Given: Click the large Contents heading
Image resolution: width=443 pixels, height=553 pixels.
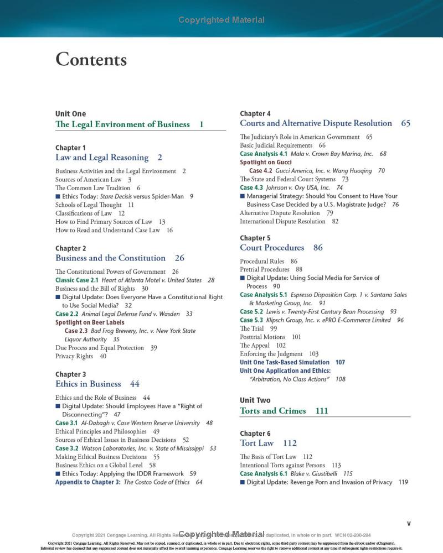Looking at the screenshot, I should pyautogui.click(x=91, y=59).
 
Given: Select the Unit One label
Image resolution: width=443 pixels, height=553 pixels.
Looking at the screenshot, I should pyautogui.click(x=70, y=114).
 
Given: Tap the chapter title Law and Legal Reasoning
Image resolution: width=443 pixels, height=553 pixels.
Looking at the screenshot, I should pyautogui.click(x=102, y=158).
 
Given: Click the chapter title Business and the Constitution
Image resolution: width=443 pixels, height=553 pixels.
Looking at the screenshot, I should pyautogui.click(x=110, y=258).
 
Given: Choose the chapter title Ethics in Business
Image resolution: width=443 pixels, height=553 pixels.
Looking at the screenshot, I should pyautogui.click(x=88, y=384).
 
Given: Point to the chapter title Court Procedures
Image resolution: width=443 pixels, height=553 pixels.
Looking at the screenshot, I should pyautogui.click(x=272, y=248).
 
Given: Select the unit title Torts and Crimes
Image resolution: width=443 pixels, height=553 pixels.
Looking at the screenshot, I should pyautogui.click(x=272, y=411).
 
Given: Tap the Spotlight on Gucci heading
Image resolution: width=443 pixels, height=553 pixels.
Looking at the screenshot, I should pyautogui.click(x=266, y=163).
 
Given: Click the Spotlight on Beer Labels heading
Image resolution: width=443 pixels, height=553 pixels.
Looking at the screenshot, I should pyautogui.click(x=90, y=322).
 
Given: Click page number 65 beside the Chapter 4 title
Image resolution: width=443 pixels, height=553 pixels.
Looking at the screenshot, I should pyautogui.click(x=405, y=123).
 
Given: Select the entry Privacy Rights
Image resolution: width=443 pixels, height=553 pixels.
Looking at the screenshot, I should pyautogui.click(x=74, y=356).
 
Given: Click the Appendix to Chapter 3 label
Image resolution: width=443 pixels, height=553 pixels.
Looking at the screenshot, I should pyautogui.click(x=87, y=482).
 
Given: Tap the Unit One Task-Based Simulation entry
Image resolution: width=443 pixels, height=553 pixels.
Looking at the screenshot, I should pyautogui.click(x=284, y=362).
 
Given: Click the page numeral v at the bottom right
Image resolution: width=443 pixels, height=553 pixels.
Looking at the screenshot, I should pyautogui.click(x=409, y=523).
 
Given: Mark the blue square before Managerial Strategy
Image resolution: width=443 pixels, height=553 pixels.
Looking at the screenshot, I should pyautogui.click(x=242, y=196).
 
